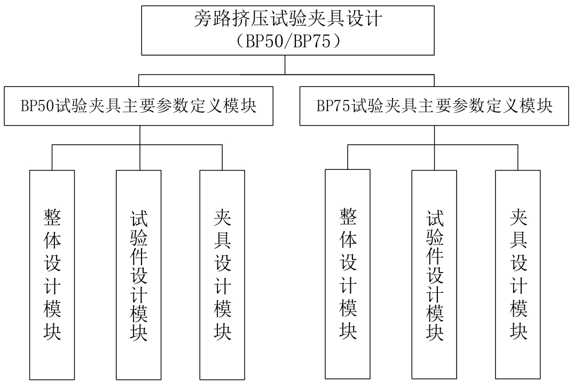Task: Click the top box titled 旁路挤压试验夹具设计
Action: point(288,30)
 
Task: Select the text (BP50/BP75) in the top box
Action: point(288,41)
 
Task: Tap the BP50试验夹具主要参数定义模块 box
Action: point(138,106)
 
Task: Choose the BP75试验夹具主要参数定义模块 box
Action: point(434,106)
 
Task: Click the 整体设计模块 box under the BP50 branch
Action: point(52,275)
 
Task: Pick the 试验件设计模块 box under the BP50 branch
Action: point(138,275)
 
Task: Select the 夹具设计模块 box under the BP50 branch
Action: point(222,275)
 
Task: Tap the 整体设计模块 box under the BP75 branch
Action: point(348,274)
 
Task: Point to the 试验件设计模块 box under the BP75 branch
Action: point(434,275)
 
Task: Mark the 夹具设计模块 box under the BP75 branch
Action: point(518,275)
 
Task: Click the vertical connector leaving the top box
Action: point(285,65)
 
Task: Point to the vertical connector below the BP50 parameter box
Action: point(140,147)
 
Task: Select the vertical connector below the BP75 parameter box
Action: point(435,147)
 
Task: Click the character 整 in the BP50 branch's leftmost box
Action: point(52,217)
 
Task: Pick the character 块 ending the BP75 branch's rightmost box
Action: point(518,331)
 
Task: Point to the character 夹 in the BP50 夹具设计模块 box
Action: point(223,217)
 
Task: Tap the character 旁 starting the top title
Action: point(203,19)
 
